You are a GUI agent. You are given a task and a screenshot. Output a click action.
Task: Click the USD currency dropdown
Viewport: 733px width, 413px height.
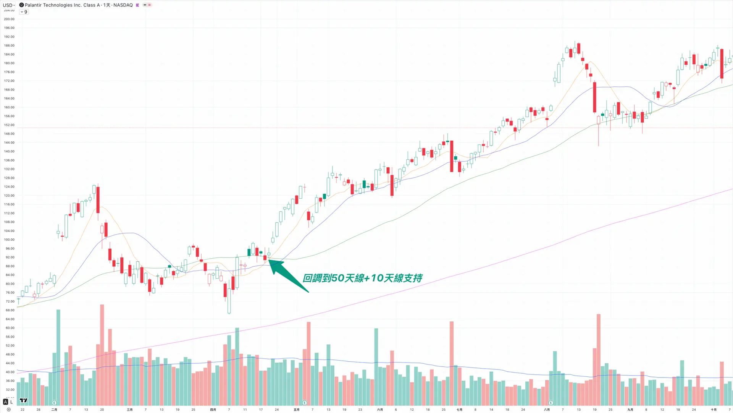pyautogui.click(x=9, y=5)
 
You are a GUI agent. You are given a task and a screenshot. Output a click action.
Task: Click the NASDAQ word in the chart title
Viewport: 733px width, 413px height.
pyautogui.click(x=123, y=5)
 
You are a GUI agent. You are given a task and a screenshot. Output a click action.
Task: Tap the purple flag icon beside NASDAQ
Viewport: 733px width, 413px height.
pyautogui.click(x=137, y=5)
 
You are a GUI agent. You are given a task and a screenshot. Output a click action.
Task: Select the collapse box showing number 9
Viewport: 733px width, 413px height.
pyautogui.click(x=24, y=12)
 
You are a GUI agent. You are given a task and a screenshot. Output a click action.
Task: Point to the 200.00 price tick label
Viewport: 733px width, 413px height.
pyautogui.click(x=9, y=19)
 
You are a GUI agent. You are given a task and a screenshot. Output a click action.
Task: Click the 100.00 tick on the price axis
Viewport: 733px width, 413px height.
pyautogui.click(x=9, y=240)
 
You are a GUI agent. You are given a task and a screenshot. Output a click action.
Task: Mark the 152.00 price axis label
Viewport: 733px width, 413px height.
pyautogui.click(x=9, y=125)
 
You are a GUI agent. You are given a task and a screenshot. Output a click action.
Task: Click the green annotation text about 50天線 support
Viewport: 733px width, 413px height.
pyautogui.click(x=362, y=278)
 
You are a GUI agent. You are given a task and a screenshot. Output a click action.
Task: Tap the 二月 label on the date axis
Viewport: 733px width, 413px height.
pyautogui.click(x=54, y=410)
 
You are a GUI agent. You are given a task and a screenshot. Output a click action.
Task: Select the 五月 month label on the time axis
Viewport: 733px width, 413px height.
pyautogui.click(x=297, y=410)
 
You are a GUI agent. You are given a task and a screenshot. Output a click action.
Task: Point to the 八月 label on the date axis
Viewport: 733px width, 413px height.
pyautogui.click(x=547, y=410)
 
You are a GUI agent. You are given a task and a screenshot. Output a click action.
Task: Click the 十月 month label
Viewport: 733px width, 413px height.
pyautogui.click(x=714, y=410)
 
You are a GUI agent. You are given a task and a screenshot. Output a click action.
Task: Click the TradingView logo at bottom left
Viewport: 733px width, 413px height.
pyautogui.click(x=23, y=400)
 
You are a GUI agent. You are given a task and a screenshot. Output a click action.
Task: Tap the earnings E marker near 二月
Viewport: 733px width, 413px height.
pyautogui.click(x=54, y=402)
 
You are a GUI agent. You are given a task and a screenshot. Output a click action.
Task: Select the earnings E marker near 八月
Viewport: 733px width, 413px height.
pyautogui.click(x=551, y=402)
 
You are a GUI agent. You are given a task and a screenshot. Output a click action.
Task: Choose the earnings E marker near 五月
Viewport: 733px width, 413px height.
pyautogui.click(x=305, y=402)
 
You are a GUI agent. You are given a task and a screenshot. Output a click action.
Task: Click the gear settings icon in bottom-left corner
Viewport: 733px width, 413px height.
pyautogui.click(x=9, y=410)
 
